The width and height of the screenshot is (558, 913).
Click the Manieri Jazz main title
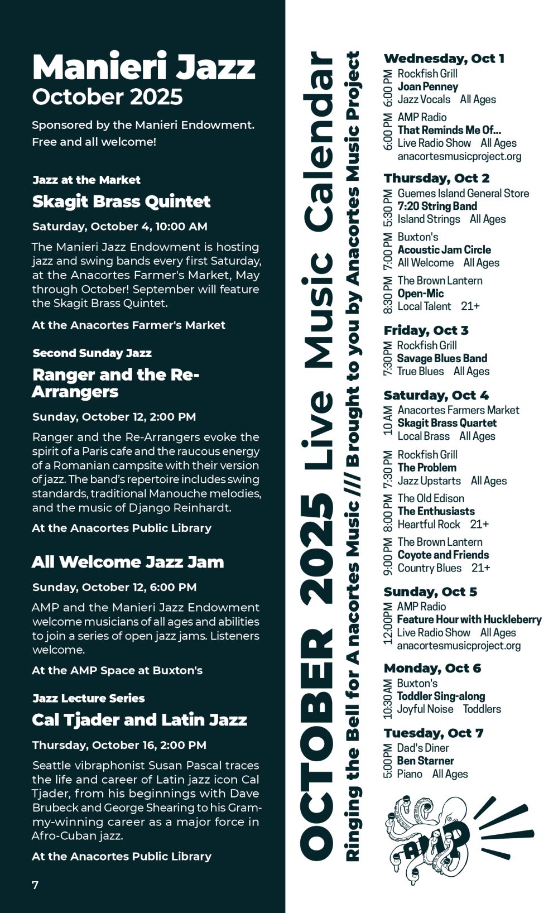click(x=143, y=67)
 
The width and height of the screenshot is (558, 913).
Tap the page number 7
click(x=35, y=885)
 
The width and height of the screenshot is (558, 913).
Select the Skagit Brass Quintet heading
click(x=121, y=201)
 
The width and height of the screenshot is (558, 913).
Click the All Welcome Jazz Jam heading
click(x=128, y=562)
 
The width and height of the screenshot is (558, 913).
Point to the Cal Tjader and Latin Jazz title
click(x=139, y=720)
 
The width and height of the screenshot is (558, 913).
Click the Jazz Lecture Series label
click(x=88, y=698)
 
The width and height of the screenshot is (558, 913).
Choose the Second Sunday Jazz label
click(x=92, y=353)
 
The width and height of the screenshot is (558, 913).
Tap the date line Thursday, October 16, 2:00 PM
click(x=119, y=745)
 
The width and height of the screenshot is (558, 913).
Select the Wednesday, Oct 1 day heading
click(x=444, y=59)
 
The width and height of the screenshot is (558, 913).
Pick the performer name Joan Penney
click(x=427, y=87)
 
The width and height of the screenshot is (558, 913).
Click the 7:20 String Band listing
click(x=437, y=206)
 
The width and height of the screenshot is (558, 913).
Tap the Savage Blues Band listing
click(x=442, y=358)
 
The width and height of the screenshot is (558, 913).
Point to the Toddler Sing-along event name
click(x=441, y=696)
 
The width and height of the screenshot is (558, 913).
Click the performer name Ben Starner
click(x=425, y=761)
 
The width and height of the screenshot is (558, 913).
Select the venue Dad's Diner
click(x=422, y=748)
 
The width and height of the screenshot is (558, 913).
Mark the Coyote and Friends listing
click(x=443, y=555)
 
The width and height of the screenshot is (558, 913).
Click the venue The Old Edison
click(x=430, y=498)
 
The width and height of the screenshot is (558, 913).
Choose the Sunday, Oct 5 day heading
click(x=430, y=592)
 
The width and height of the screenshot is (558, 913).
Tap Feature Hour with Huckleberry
click(x=469, y=619)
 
